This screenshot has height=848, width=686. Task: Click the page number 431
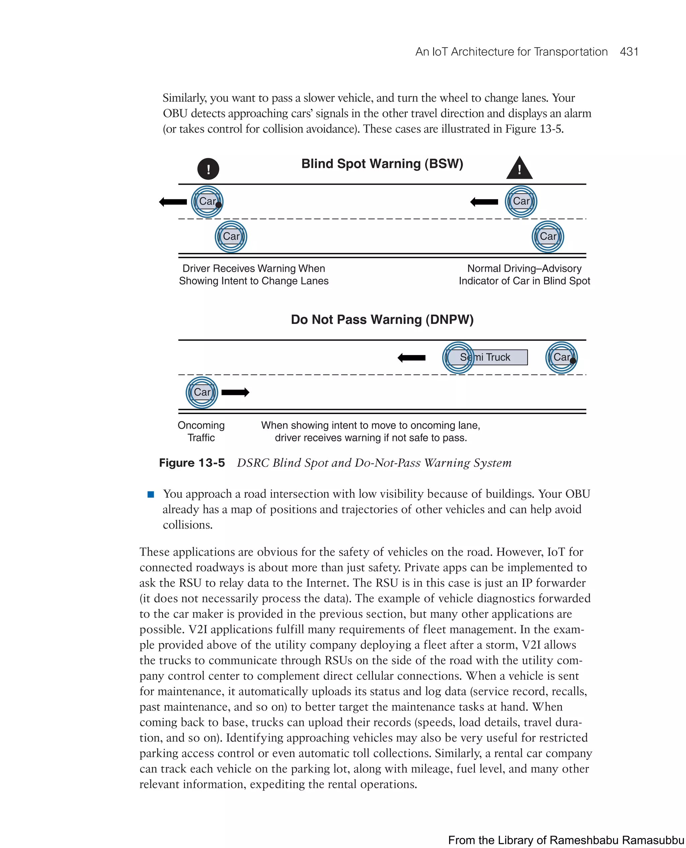pyautogui.click(x=629, y=52)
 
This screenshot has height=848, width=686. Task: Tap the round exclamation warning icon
pyautogui.click(x=208, y=169)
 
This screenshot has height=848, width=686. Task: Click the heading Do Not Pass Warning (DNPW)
pyautogui.click(x=382, y=319)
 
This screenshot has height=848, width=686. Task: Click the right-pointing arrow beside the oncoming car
pyautogui.click(x=235, y=392)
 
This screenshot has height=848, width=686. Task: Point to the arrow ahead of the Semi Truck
pyautogui.click(x=411, y=358)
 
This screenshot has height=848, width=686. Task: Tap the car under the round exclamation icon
pyautogui.click(x=207, y=201)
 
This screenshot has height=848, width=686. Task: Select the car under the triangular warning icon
pyautogui.click(x=521, y=201)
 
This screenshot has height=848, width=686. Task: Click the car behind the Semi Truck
pyautogui.click(x=561, y=357)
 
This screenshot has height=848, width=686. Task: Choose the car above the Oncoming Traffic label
pyautogui.click(x=202, y=392)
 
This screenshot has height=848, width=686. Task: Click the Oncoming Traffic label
pyautogui.click(x=201, y=431)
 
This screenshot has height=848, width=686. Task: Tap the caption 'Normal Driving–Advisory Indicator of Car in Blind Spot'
pyautogui.click(x=524, y=274)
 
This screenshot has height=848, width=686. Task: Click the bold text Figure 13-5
pyautogui.click(x=192, y=463)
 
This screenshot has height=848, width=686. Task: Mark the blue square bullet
pyautogui.click(x=150, y=494)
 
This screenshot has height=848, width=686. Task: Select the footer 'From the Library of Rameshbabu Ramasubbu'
pyautogui.click(x=566, y=840)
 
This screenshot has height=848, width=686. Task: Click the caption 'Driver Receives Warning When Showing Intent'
pyautogui.click(x=254, y=274)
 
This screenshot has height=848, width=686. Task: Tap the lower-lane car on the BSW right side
pyautogui.click(x=548, y=237)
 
